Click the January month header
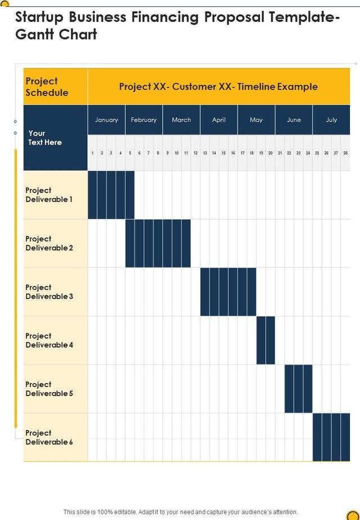pyautogui.click(x=106, y=120)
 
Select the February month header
pyautogui.click(x=143, y=120)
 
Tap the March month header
pyautogui.click(x=181, y=120)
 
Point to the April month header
pyautogui.click(x=219, y=120)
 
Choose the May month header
pyautogui.click(x=256, y=120)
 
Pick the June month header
pyautogui.click(x=294, y=120)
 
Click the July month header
pyautogui.click(x=331, y=120)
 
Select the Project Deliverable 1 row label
pyautogui.click(x=49, y=195)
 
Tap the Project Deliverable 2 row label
pyautogui.click(x=49, y=243)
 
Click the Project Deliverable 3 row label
pyautogui.click(x=49, y=292)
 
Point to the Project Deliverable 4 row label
pyautogui.click(x=49, y=340)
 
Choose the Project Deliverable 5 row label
pyautogui.click(x=49, y=389)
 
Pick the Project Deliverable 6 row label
pyautogui.click(x=49, y=437)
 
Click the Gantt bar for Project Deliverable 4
pyautogui.click(x=265, y=340)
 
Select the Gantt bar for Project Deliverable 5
pyautogui.click(x=298, y=388)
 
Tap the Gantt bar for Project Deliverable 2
pyautogui.click(x=157, y=243)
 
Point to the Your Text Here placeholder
pyautogui.click(x=45, y=138)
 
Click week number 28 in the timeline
pyautogui.click(x=345, y=153)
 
